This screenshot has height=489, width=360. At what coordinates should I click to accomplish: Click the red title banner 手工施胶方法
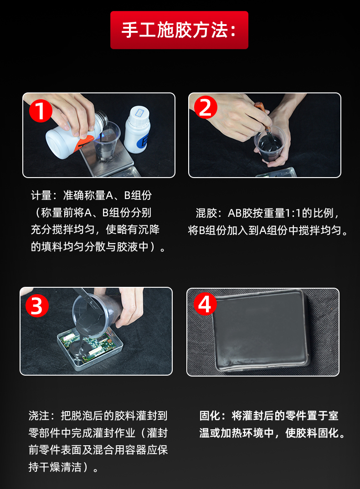pos(179,30)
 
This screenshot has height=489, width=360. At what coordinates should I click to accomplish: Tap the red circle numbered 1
pos(41,111)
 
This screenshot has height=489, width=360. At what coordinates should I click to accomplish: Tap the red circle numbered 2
pos(206,107)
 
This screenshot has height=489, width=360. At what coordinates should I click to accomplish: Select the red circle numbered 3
pos(37,306)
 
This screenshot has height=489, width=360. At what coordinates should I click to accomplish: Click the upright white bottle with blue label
pos(137,130)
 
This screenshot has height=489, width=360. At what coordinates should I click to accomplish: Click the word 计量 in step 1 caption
pos(41,195)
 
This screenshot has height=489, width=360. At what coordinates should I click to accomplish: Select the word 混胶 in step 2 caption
pos(206,213)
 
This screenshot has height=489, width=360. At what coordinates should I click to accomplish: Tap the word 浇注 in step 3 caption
pos(39,416)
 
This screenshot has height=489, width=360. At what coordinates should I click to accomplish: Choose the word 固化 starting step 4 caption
pos(210,416)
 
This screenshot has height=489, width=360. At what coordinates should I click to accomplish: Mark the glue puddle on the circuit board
pos(78,349)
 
